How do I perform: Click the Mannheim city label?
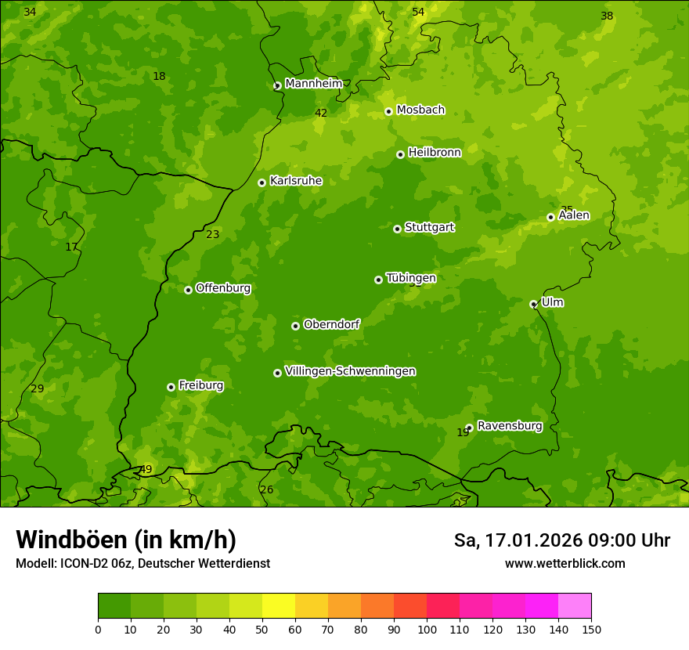pos(313,84)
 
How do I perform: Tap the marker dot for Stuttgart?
pos(398,229)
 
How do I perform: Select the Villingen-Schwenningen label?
pos(350,371)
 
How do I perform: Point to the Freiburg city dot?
pos(171,387)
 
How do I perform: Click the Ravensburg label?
pos(509,426)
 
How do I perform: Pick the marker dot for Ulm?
pos(533,304)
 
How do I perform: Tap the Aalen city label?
pos(574,215)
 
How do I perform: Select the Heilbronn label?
pos(435,153)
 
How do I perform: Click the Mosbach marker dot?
pos(388,111)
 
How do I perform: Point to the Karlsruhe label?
pos(296,181)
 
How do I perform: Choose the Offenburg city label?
pos(223,288)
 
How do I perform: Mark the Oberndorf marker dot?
pos(295,326)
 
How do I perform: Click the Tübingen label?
pos(411,278)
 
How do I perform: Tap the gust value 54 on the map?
pos(418,12)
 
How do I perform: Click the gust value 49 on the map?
pos(146,470)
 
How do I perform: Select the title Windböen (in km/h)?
pos(126,540)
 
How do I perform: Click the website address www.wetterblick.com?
pos(565,564)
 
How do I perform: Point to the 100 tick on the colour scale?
pos(427,629)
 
